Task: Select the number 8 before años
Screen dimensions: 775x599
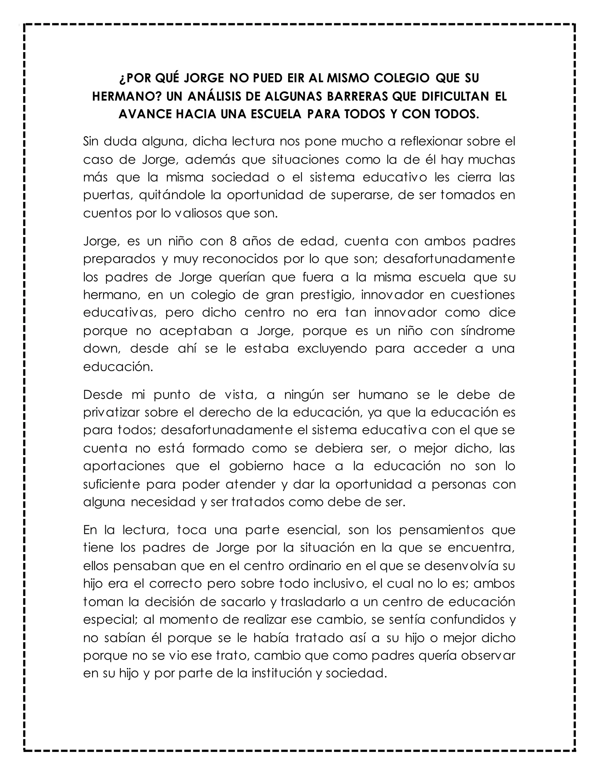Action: (233, 241)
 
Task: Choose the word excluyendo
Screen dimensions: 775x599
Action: (332, 349)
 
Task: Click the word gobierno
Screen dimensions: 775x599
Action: (256, 466)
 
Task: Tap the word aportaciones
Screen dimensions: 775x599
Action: (124, 466)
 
